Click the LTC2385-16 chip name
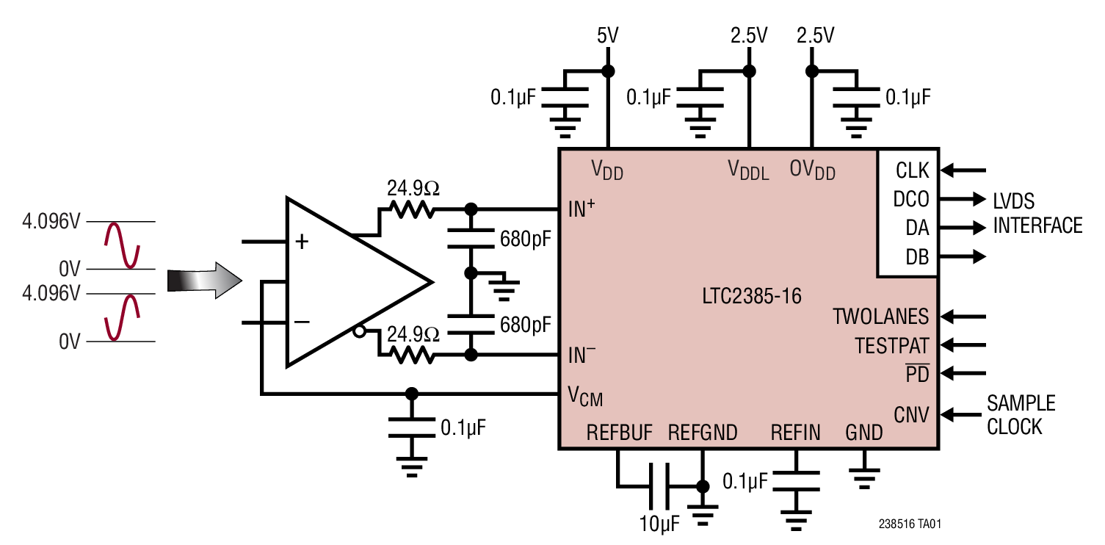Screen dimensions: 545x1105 pyautogui.click(x=750, y=297)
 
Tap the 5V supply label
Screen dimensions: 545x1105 pyautogui.click(x=607, y=35)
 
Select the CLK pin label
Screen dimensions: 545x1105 pyautogui.click(x=912, y=170)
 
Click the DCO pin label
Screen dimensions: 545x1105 pyautogui.click(x=910, y=199)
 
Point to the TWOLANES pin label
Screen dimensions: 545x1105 pyautogui.click(x=880, y=317)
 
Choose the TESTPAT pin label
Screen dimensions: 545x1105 pyautogui.click(x=891, y=344)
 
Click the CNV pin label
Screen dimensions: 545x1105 pyautogui.click(x=911, y=415)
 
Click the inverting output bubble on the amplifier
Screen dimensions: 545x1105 pyautogui.click(x=359, y=332)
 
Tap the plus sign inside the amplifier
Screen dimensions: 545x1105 pyautogui.click(x=302, y=242)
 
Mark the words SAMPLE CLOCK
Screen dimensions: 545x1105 pyautogui.click(x=1020, y=415)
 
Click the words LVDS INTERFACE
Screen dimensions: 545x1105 pyautogui.click(x=1037, y=213)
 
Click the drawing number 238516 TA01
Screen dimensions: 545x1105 pyautogui.click(x=910, y=524)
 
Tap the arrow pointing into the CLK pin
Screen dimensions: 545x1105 pyautogui.click(x=963, y=170)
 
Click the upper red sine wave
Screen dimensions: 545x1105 pyautogui.click(x=122, y=245)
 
